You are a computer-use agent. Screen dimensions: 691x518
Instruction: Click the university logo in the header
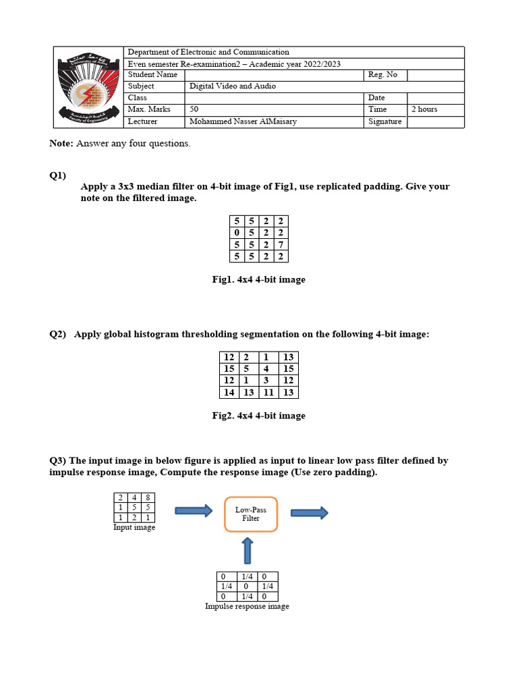pyautogui.click(x=90, y=88)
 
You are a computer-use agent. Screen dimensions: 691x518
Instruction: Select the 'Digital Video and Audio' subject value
pyautogui.click(x=232, y=86)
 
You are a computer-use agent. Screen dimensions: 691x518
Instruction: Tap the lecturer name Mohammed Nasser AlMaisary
pyautogui.click(x=243, y=121)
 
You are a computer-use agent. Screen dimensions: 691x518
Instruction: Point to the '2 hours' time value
pyautogui.click(x=424, y=109)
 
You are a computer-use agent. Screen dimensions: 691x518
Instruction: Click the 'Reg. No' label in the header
pyautogui.click(x=382, y=75)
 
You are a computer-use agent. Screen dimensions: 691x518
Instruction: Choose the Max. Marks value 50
pyautogui.click(x=194, y=109)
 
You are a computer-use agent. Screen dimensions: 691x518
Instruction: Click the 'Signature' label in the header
pyautogui.click(x=384, y=121)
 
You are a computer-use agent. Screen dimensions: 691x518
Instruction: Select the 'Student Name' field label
pyautogui.click(x=152, y=75)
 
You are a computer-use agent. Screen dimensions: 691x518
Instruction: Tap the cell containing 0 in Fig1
pyautogui.click(x=237, y=233)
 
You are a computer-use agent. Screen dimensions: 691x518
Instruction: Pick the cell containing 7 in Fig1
pyautogui.click(x=281, y=244)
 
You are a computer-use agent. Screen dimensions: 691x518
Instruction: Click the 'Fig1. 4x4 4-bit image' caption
pyautogui.click(x=258, y=279)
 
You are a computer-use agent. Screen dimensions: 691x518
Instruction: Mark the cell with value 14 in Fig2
pyautogui.click(x=229, y=392)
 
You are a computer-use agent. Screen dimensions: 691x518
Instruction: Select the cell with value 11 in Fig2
pyautogui.click(x=268, y=392)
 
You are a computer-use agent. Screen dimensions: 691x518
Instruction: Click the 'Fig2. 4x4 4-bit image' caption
pyautogui.click(x=258, y=416)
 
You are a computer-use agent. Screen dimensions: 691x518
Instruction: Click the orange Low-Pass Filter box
pyautogui.click(x=250, y=514)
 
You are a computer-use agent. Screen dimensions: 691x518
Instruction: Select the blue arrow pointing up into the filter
pyautogui.click(x=248, y=551)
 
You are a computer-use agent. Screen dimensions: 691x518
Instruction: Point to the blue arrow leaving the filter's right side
pyautogui.click(x=310, y=513)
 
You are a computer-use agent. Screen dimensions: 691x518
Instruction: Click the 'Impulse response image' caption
pyautogui.click(x=247, y=606)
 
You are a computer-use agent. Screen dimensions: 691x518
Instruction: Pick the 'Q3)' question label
pyautogui.click(x=58, y=461)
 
